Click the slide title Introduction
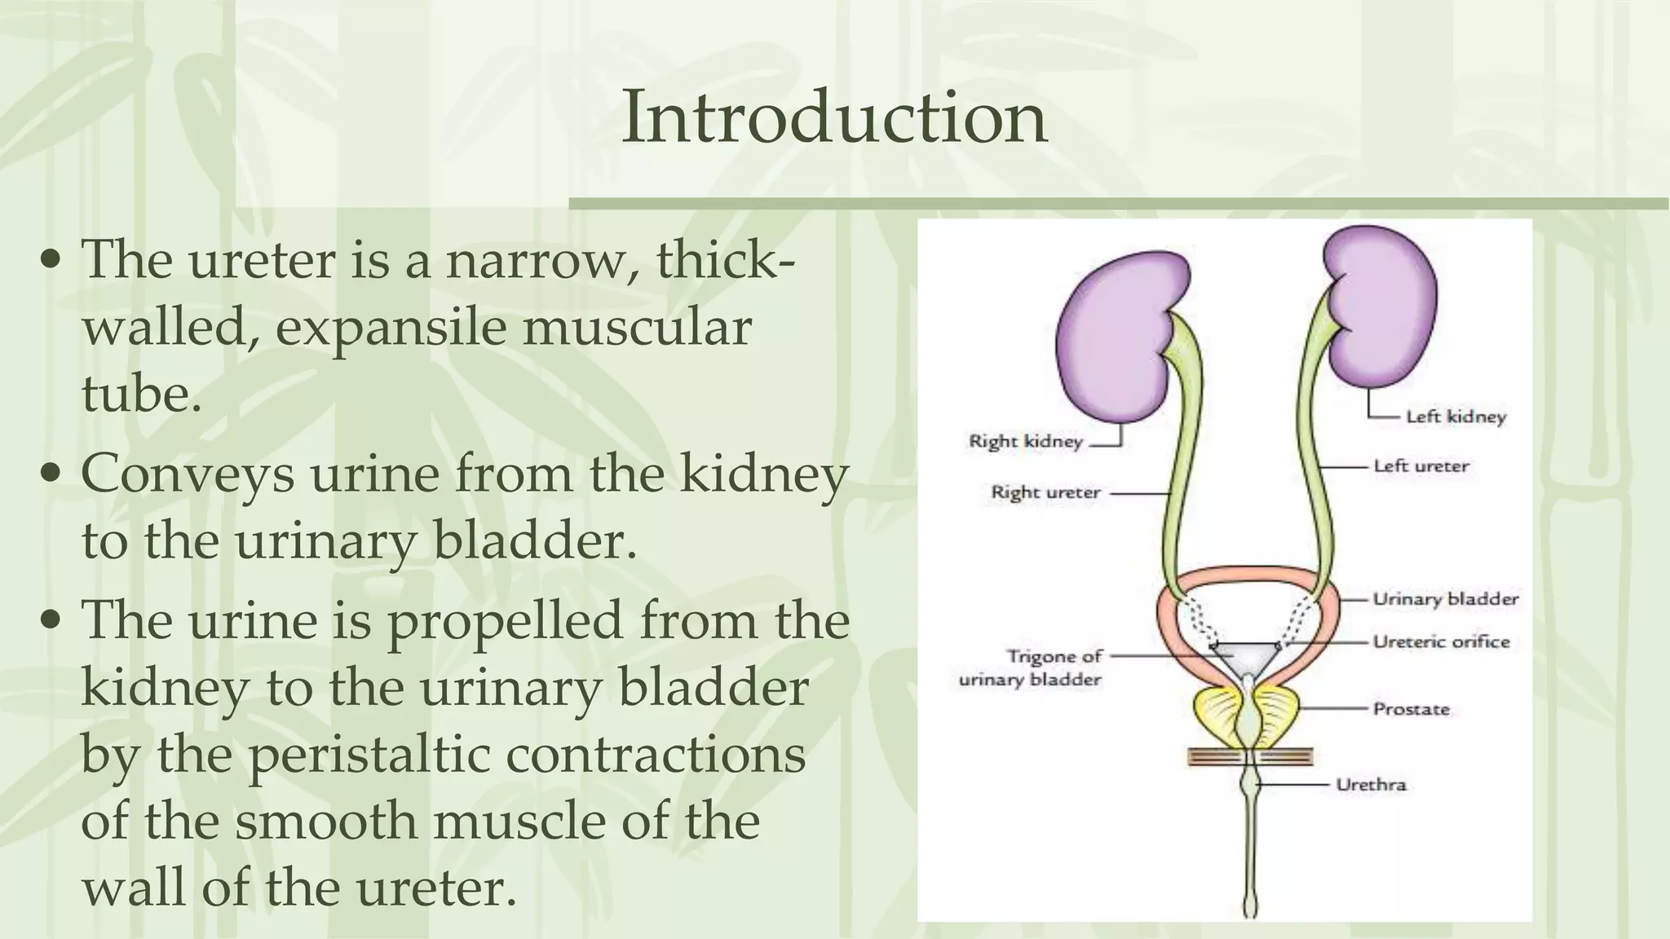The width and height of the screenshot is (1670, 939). [833, 118]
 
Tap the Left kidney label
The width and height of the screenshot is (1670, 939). [1456, 417]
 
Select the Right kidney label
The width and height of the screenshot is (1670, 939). [1025, 441]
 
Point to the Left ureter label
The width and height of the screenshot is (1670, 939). [1420, 466]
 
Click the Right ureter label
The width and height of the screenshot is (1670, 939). [1045, 492]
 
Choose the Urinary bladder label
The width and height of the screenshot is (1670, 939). [1445, 599]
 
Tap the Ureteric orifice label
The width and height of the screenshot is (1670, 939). [1441, 641]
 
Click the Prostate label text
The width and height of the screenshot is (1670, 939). [1411, 708]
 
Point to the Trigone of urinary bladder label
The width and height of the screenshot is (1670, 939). [1031, 668]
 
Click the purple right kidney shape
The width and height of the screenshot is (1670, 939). [1112, 342]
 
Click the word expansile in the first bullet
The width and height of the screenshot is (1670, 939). [390, 328]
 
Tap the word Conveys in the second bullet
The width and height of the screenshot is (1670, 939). [188, 474]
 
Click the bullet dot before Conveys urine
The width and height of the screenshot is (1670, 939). [51, 474]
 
